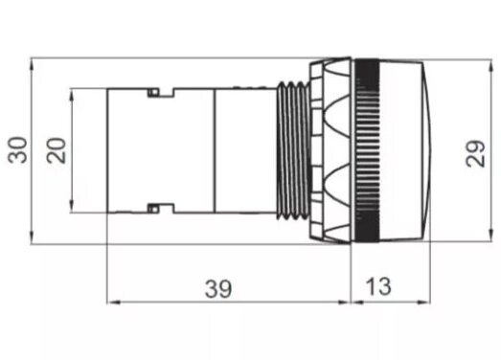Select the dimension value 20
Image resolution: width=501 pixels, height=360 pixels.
point(58,149)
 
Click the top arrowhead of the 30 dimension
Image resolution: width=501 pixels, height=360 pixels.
point(34,64)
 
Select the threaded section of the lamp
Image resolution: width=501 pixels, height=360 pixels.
point(289,150)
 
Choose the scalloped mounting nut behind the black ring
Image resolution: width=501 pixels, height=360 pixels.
point(330,150)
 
